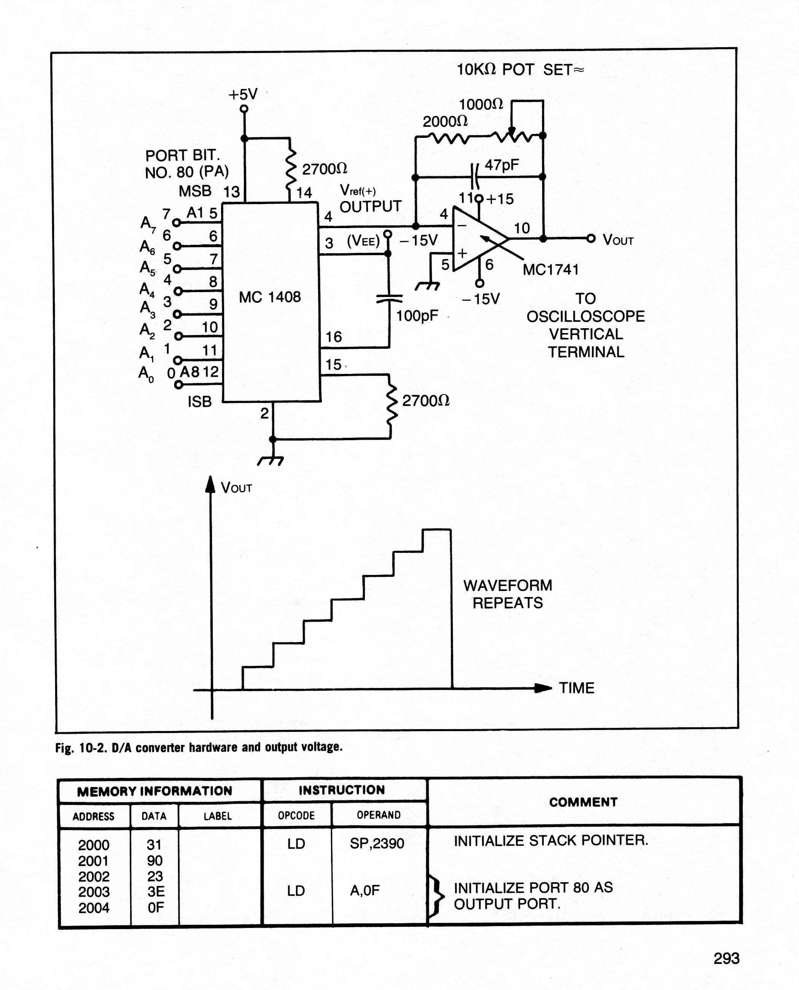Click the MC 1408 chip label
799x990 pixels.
point(270,297)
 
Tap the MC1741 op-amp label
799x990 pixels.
point(551,270)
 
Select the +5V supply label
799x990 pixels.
point(243,94)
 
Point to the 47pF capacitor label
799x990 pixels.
point(502,165)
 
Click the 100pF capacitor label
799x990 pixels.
point(417,316)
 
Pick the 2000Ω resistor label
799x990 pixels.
point(445,121)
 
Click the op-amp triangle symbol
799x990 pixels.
point(481,239)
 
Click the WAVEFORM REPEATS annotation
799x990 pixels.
point(508,594)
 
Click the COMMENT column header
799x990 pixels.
point(583,802)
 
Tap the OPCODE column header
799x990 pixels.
point(296,815)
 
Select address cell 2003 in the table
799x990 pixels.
point(94,892)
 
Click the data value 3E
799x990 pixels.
point(156,891)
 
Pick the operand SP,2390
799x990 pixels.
point(377,843)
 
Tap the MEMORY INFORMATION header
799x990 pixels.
point(154,792)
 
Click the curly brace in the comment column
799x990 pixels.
point(436,896)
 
